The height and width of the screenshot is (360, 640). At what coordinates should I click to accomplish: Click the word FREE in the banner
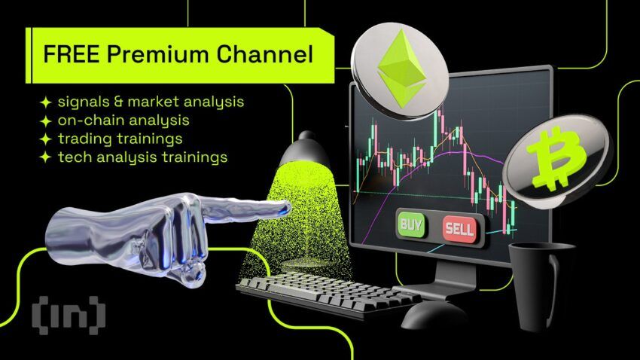[x=72, y=54]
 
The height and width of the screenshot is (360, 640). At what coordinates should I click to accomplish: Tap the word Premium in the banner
[x=158, y=54]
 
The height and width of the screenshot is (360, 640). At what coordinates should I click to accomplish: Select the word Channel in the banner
[x=265, y=54]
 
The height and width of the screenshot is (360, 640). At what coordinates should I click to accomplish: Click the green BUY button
[x=411, y=224]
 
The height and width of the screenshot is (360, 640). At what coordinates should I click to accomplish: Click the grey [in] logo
[x=69, y=315]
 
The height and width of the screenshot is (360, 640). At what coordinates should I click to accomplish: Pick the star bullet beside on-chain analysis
[x=46, y=121]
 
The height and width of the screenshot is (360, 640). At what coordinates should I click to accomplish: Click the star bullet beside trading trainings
[x=46, y=139]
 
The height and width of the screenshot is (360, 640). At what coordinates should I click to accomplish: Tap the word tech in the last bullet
[x=72, y=157]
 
